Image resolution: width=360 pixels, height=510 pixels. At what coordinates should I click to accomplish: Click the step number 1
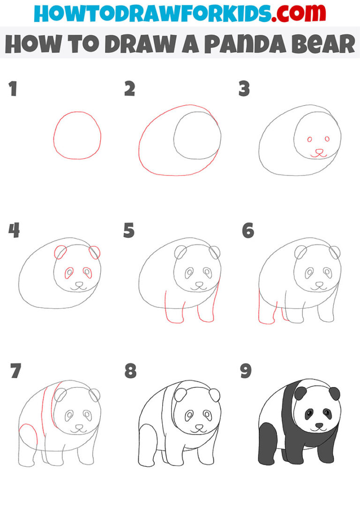(x=13, y=89)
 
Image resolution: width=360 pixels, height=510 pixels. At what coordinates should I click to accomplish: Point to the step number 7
(x=15, y=372)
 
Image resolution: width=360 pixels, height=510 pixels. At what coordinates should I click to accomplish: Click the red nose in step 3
(x=319, y=152)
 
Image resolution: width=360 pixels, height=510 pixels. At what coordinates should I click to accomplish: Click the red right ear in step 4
(x=95, y=252)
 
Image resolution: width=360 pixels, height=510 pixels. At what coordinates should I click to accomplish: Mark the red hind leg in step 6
(x=266, y=310)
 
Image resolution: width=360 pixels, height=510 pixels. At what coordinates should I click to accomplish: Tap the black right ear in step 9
(x=334, y=393)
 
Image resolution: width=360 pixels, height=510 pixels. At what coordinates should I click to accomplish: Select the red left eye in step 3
(x=310, y=139)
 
